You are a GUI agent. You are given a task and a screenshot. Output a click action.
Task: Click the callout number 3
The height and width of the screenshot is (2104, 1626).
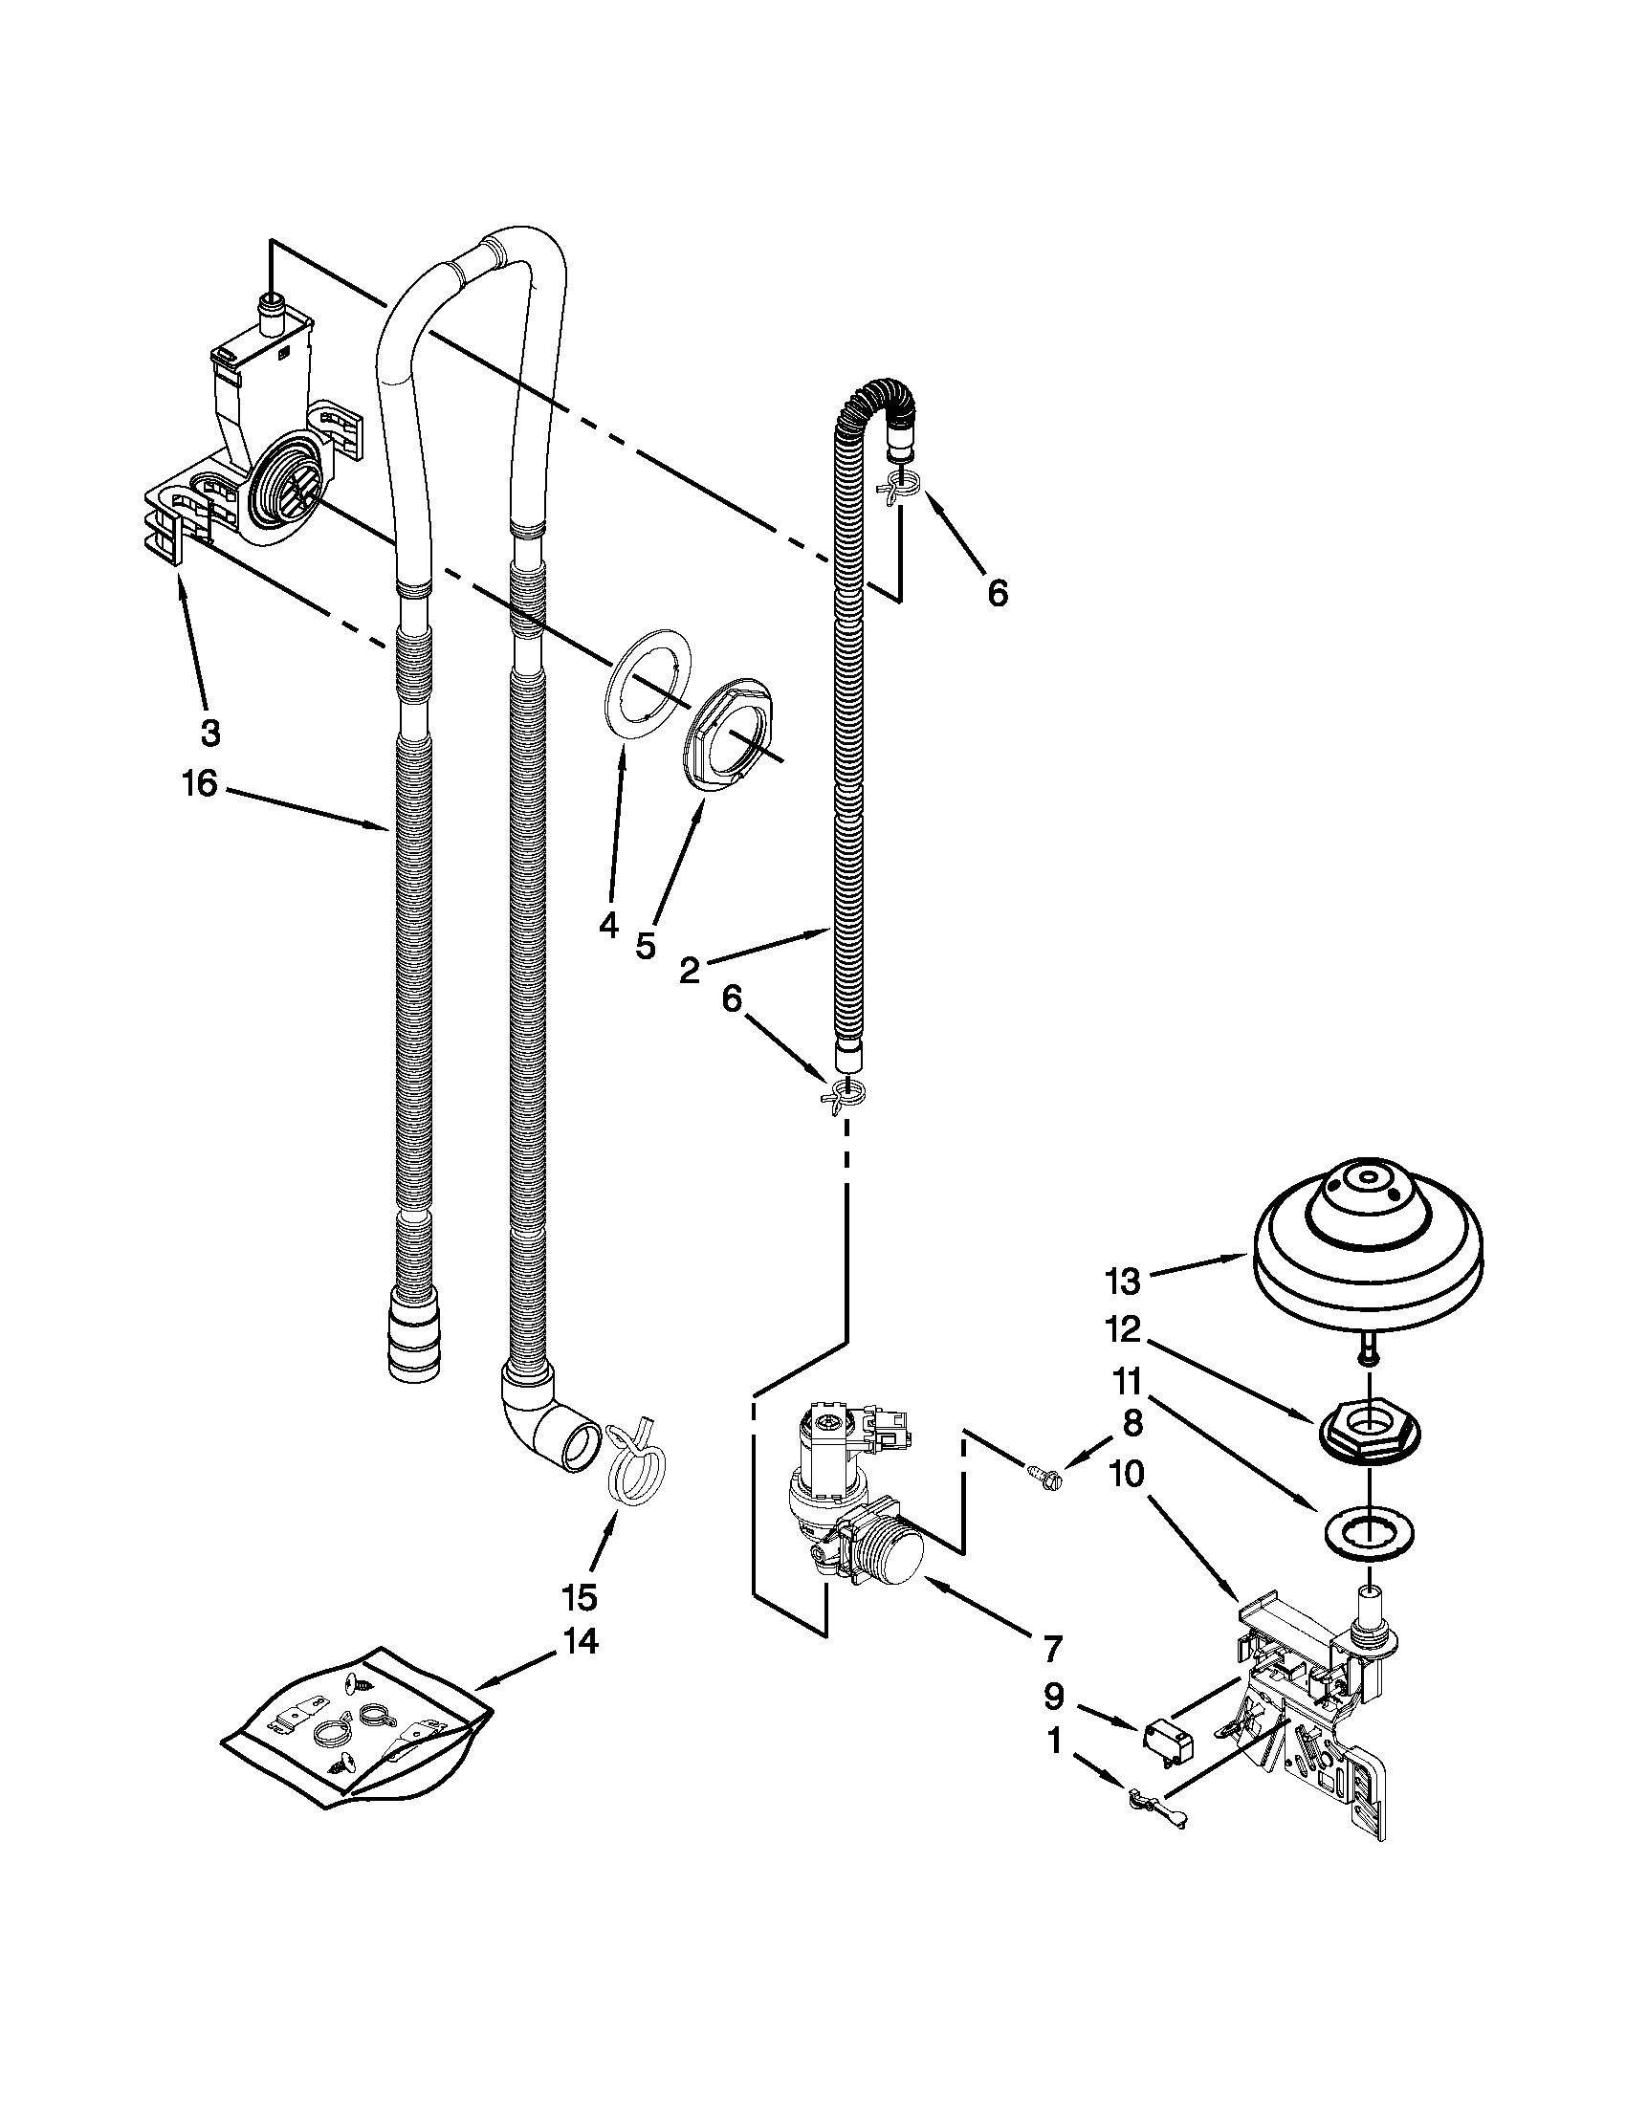[x=210, y=734]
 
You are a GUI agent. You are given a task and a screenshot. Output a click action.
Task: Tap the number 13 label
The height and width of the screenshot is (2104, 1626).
[x=1123, y=1282]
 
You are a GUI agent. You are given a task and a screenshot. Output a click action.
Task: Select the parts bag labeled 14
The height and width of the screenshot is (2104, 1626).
[x=357, y=1720]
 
